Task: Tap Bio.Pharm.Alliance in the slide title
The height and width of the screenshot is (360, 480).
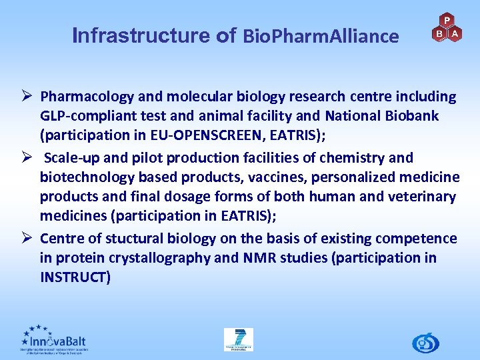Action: click(x=321, y=36)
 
